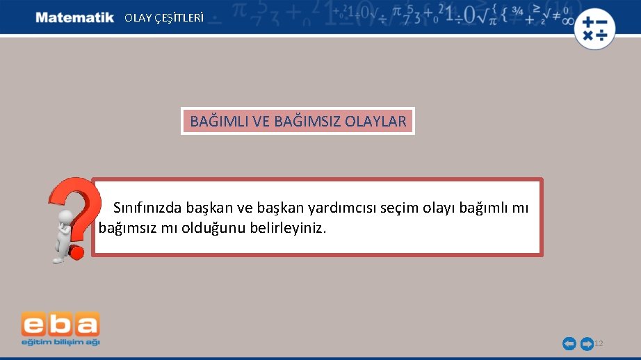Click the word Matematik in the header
(x=74, y=17)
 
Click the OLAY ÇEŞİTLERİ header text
(x=164, y=18)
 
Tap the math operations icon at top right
(x=594, y=28)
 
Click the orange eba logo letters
(x=60, y=325)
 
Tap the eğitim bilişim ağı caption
(x=60, y=342)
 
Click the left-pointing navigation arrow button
(x=569, y=343)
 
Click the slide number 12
(x=599, y=343)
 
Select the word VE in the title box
(x=261, y=122)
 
